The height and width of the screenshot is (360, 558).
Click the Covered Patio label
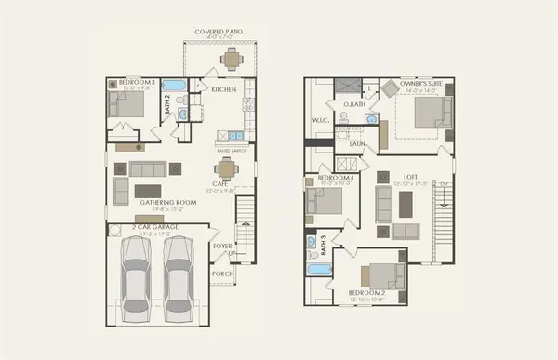pos(219,32)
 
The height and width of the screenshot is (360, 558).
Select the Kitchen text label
pos(224,90)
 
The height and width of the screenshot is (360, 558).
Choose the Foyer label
pos(222,247)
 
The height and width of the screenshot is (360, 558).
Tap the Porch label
pos(222,273)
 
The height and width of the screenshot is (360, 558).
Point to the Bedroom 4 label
pos(333,178)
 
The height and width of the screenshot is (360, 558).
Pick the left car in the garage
pos(136,274)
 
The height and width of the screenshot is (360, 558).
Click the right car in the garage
pos(179,274)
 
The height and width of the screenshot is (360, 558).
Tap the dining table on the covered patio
pos(230,60)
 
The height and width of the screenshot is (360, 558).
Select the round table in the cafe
pos(226,169)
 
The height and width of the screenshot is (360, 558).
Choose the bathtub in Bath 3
pos(319,270)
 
